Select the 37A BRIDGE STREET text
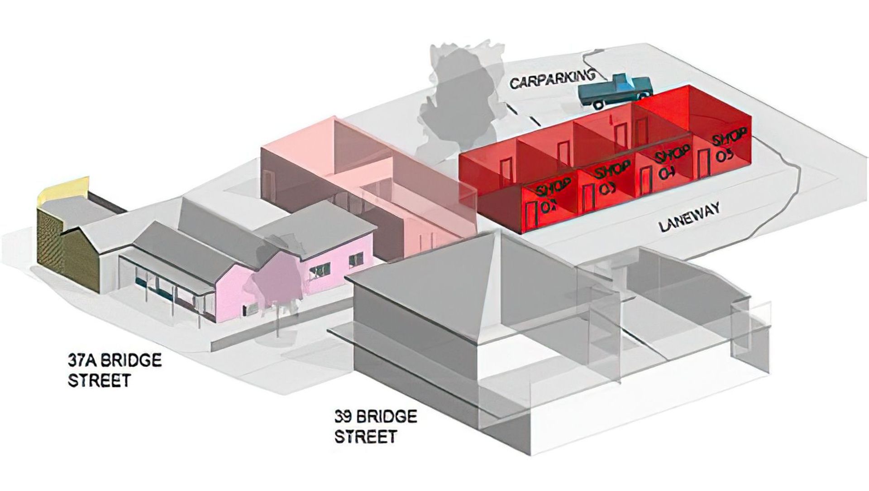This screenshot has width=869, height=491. pos(115,370)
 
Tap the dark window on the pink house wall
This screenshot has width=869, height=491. pos(319,270)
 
